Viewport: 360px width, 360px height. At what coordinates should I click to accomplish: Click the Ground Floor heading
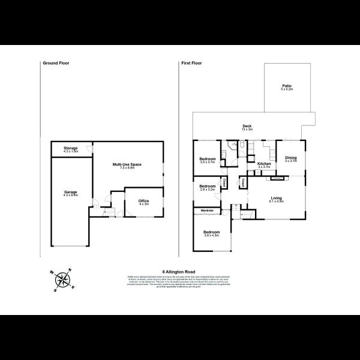tap(55, 62)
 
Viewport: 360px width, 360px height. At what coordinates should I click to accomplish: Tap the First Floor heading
tap(192, 62)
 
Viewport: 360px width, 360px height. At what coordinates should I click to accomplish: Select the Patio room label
tap(287, 86)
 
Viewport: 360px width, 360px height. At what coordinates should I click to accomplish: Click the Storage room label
tap(71, 147)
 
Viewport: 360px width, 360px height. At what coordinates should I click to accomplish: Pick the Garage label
tap(71, 191)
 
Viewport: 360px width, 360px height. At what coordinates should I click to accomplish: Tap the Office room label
tap(143, 200)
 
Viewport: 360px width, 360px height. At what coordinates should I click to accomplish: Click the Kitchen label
tap(264, 163)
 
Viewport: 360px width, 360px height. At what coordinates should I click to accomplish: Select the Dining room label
tap(291, 158)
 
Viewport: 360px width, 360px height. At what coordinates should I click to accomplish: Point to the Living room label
tap(277, 197)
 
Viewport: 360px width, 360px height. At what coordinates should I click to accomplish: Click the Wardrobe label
tap(207, 211)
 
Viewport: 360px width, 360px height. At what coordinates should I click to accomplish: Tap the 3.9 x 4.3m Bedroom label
tap(211, 232)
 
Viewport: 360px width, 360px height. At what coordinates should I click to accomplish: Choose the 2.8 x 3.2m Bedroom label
tap(207, 186)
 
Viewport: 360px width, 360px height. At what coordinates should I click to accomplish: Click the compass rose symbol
tap(61, 280)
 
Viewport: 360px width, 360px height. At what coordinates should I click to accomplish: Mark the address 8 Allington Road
tap(179, 272)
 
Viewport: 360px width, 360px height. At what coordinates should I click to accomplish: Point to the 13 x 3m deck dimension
tap(246, 130)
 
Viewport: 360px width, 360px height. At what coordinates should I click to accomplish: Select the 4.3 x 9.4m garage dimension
tap(71, 194)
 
